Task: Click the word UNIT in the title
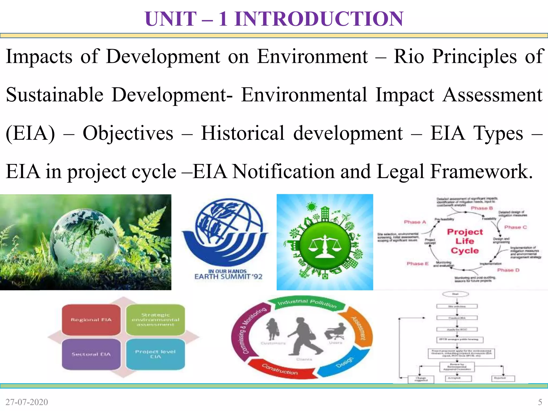click(x=171, y=19)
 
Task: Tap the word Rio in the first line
click(x=409, y=57)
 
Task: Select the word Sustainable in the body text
click(x=55, y=95)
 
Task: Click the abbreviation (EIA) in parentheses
click(x=30, y=133)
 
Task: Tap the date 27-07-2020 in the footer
click(x=27, y=402)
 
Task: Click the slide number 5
click(x=540, y=402)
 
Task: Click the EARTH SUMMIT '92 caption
click(x=228, y=276)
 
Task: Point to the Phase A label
click(x=415, y=222)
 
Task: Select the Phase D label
click(x=508, y=270)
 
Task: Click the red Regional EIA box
click(x=91, y=320)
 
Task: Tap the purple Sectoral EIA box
click(x=91, y=354)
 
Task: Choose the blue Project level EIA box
click(x=155, y=354)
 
